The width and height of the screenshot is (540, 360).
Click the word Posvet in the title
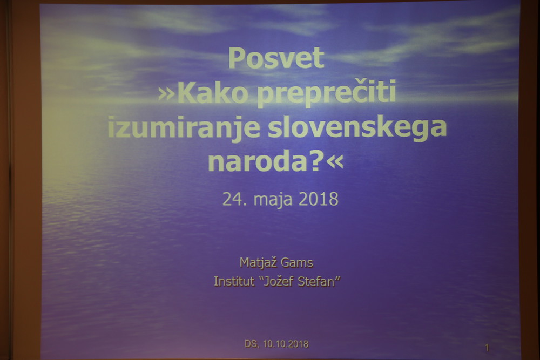coord(276,58)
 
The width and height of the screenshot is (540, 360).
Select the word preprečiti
coord(327,93)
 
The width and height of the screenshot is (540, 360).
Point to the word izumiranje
coord(184,127)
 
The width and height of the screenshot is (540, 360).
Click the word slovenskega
coord(357,127)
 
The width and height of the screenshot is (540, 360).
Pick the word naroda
coord(257,162)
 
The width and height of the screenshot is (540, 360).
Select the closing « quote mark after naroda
coord(335,162)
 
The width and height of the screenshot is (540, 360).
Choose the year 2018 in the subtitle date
coord(319,199)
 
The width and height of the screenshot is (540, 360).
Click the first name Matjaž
coord(258,263)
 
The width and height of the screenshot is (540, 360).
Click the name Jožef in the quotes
coord(278,282)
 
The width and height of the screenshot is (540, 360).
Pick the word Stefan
coord(316,281)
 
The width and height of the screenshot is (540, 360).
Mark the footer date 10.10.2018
coord(286,344)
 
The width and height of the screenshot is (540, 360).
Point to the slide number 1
coord(487,348)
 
